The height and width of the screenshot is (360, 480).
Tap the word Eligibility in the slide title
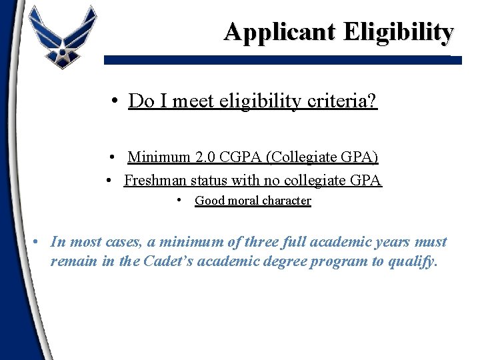point(399,31)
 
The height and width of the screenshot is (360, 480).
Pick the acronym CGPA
point(242,157)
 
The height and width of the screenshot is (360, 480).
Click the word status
point(211,180)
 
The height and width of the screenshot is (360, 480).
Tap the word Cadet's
point(162,261)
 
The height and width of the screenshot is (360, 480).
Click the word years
point(389,242)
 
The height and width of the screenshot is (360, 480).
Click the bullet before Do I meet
point(116,101)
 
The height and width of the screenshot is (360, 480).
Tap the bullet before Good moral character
point(181,200)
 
